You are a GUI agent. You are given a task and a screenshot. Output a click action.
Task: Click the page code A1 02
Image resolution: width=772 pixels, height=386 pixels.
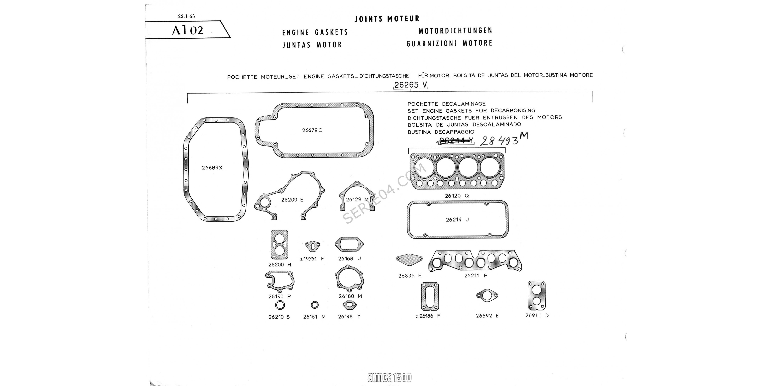click(188, 30)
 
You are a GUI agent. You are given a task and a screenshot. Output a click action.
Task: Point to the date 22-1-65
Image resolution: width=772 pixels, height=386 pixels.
click(186, 16)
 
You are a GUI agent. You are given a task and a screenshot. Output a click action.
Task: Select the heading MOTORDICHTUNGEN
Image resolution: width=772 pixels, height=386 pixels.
click(455, 30)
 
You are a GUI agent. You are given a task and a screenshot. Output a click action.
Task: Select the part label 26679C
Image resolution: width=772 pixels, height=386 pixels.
click(312, 130)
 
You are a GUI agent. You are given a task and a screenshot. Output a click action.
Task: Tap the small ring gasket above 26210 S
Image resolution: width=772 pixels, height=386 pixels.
click(280, 305)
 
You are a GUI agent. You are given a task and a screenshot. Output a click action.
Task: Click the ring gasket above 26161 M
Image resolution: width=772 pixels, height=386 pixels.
click(315, 305)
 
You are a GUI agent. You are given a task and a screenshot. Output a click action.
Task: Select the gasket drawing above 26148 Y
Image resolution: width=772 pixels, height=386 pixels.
click(350, 305)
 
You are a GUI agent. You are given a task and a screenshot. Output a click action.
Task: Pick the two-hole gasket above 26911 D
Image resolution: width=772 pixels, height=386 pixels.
click(537, 295)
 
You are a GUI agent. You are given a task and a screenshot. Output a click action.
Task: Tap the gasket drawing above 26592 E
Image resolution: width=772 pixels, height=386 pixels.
click(487, 295)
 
